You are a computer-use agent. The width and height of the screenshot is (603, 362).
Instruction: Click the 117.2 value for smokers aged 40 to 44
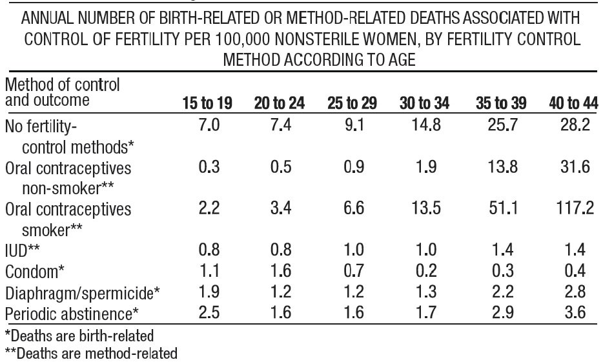[575, 208]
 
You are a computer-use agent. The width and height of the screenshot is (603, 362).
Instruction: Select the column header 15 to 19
[207, 103]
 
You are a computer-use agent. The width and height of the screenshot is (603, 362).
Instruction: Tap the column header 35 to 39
[501, 103]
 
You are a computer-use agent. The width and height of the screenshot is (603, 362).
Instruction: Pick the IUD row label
[23, 250]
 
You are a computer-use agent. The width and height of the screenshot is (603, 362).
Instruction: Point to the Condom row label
[35, 272]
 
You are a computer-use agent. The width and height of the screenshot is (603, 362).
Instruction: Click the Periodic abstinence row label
[72, 314]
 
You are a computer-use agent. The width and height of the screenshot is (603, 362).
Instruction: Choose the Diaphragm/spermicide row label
[83, 293]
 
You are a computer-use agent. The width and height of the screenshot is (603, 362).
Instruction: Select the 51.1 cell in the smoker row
[502, 208]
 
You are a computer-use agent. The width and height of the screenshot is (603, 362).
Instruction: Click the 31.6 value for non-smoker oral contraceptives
[575, 167]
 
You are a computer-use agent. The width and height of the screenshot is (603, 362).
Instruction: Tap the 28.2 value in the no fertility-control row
[575, 125]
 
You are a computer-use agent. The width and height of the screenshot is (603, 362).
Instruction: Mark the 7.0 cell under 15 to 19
[209, 125]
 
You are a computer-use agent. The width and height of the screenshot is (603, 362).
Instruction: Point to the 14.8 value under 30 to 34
[425, 125]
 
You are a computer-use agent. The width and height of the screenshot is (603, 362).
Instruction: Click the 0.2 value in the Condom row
[426, 271]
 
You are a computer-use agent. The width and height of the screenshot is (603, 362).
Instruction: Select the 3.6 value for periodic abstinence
[575, 312]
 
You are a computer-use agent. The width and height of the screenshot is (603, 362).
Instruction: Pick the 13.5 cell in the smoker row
[425, 208]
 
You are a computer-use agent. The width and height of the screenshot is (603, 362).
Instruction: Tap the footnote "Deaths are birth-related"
[79, 336]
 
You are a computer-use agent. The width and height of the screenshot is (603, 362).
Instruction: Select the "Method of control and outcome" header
[62, 92]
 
